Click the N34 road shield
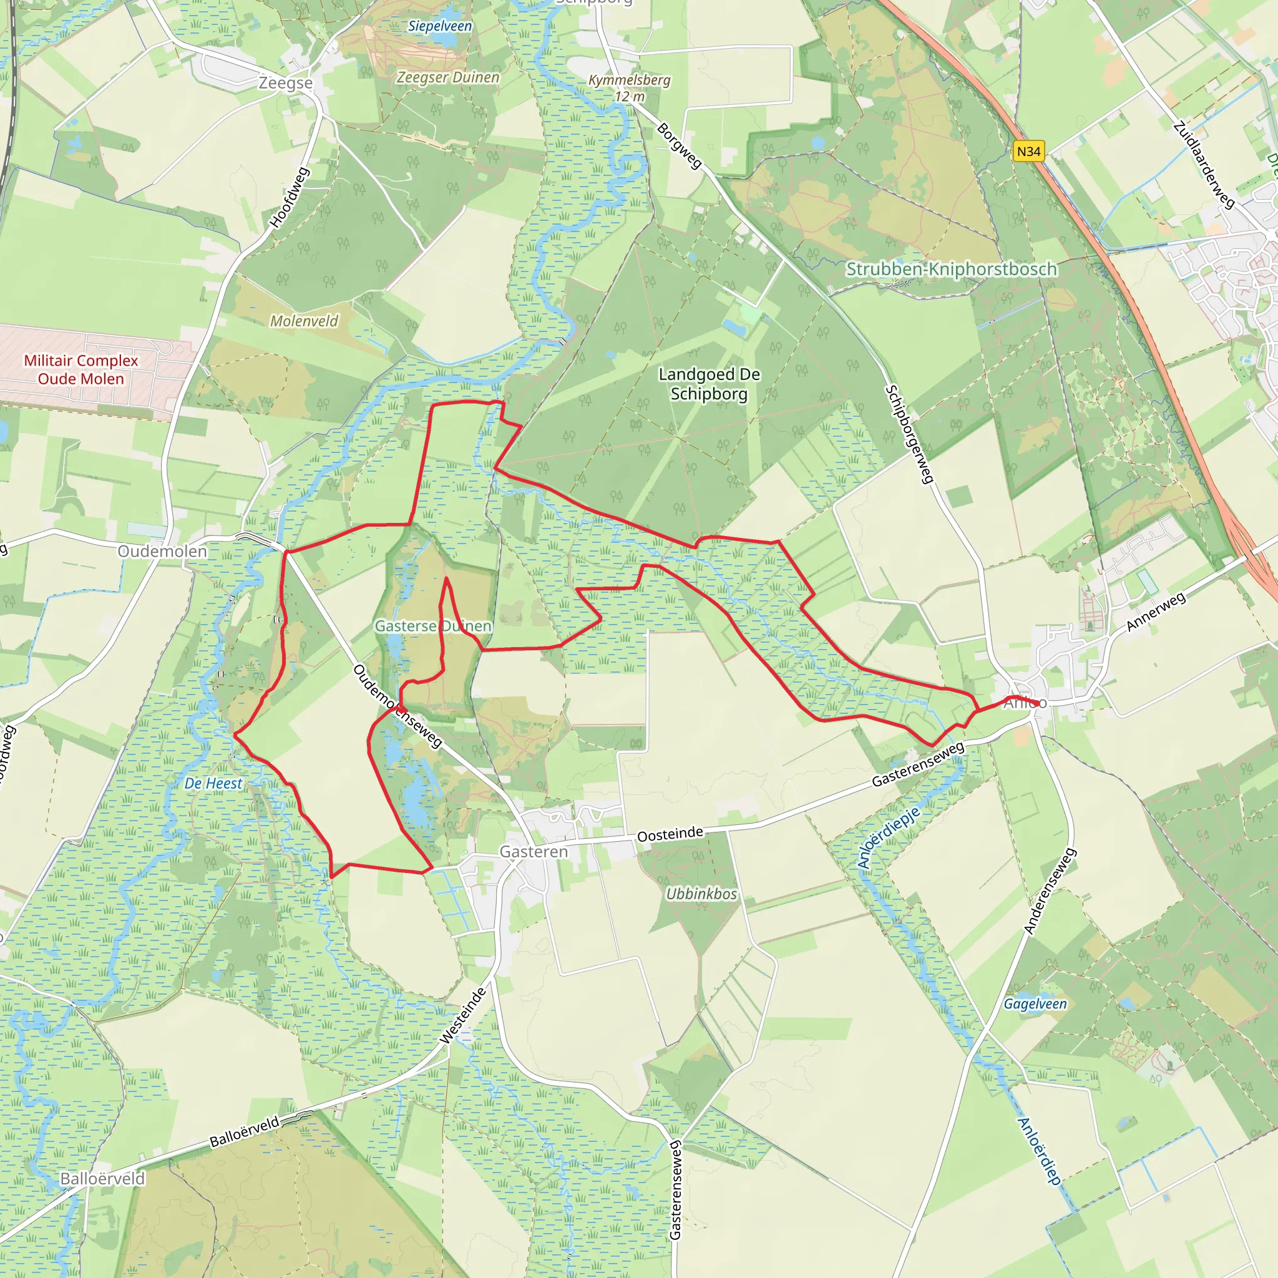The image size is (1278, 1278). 1028,152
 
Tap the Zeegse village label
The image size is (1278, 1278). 285,84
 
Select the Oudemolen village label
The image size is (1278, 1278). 162,551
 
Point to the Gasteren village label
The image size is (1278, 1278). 533,851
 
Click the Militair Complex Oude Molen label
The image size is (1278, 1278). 80,370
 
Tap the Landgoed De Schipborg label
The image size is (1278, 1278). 709,384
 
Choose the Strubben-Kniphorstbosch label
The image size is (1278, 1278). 951,269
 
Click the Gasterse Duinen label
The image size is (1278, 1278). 433,626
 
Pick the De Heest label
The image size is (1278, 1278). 213,783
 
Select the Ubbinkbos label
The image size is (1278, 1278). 701,894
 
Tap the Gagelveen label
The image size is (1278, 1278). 1035,1003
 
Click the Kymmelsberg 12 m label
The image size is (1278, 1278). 630,88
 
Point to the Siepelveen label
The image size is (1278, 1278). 440,26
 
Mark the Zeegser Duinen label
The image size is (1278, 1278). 448,77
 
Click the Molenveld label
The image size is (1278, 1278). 305,321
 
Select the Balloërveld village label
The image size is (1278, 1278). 102,1179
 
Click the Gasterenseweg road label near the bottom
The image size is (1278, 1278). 675,1189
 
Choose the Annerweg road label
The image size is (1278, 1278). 1156,611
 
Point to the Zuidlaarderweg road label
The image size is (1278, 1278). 1204,165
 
